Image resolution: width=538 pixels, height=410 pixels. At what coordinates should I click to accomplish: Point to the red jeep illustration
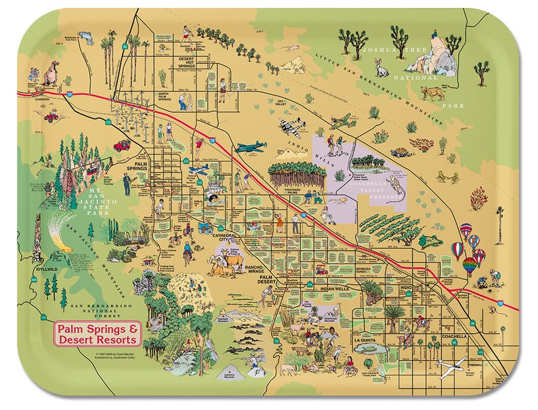(x=122, y=145)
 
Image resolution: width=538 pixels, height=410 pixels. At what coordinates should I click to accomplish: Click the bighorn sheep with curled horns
(x=220, y=263)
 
